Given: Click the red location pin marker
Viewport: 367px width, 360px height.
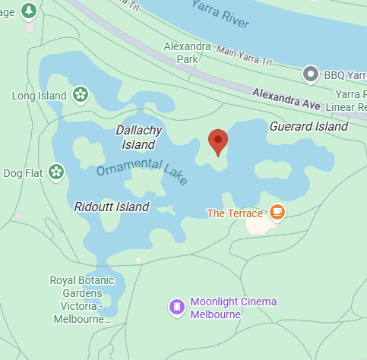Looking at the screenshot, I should click(x=218, y=141).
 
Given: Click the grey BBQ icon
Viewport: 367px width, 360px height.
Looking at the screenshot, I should click(x=310, y=74).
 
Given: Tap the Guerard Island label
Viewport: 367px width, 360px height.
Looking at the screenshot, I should click(x=308, y=127).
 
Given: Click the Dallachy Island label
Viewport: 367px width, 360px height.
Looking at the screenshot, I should click(x=139, y=137).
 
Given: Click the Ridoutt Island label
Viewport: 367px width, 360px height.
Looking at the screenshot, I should click(x=112, y=207).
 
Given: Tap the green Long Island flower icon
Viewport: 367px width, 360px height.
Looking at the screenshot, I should click(x=81, y=95).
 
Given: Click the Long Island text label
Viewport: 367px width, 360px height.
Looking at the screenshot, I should click(x=40, y=96).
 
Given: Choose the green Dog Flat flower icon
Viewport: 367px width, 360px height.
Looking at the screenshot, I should click(x=55, y=172).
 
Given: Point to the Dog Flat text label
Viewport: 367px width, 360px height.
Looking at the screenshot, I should click(x=23, y=173).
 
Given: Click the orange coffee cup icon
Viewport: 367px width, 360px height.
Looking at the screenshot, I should click(x=277, y=211).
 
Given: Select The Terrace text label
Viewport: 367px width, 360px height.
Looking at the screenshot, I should click(x=236, y=213).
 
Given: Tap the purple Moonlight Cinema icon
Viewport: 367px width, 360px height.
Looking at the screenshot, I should click(x=177, y=307).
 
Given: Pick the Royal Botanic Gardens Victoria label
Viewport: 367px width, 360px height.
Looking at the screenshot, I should click(x=81, y=299).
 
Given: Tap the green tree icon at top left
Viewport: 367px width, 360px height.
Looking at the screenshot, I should click(x=29, y=11).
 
